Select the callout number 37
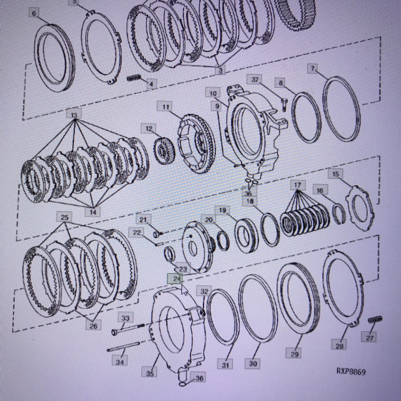255,80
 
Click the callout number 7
312,68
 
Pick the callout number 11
166,107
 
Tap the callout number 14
93,212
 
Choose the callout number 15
336,174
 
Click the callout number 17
297,185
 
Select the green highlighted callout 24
176,279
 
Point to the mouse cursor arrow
185,290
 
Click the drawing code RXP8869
351,371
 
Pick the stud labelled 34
123,348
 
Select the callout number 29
294,354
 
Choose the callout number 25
64,217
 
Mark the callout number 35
150,373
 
